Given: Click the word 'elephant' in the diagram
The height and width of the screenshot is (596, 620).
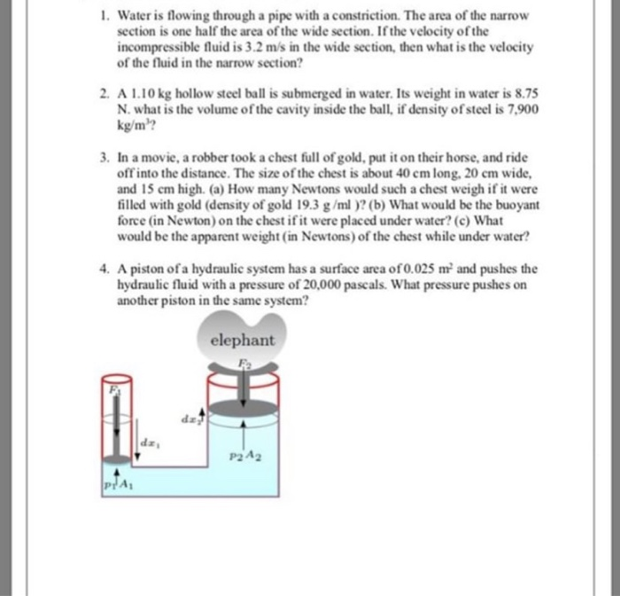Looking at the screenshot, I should (243, 340).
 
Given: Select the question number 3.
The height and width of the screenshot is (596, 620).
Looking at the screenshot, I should (104, 155).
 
